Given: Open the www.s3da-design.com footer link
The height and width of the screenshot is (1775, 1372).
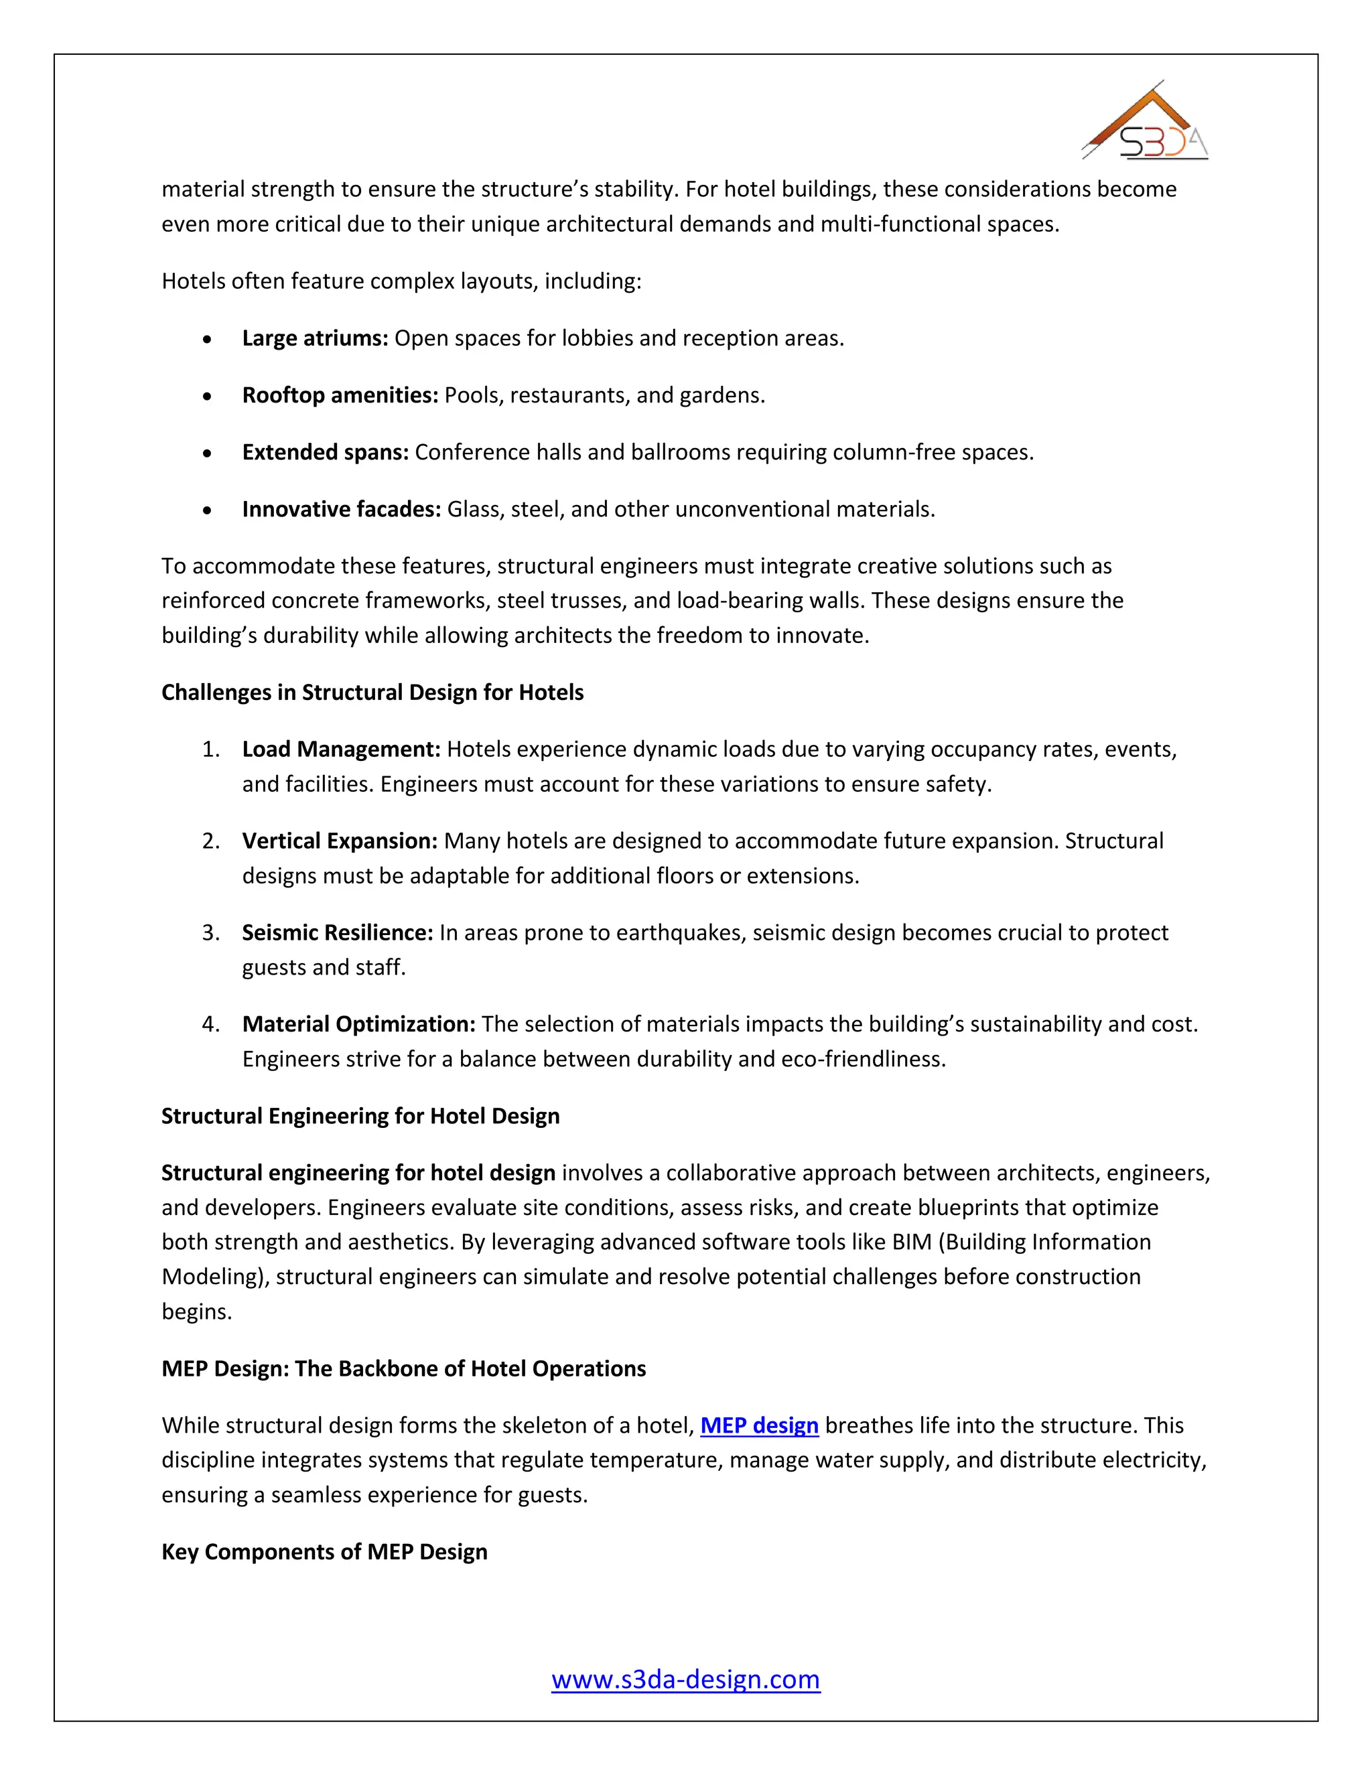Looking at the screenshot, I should (x=685, y=1679).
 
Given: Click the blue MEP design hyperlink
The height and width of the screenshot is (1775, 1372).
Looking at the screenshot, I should (x=758, y=1425).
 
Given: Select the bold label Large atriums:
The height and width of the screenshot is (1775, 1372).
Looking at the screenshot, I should (x=316, y=338).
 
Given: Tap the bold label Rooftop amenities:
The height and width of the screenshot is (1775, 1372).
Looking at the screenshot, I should (x=340, y=395).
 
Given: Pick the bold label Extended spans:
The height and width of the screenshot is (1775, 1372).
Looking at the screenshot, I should (x=325, y=453).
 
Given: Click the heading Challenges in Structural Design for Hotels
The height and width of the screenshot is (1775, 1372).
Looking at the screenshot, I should (x=372, y=693).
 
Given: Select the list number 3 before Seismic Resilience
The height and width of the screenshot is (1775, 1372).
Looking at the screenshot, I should (x=210, y=933).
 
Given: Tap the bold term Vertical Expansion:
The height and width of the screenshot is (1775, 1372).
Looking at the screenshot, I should (x=340, y=841).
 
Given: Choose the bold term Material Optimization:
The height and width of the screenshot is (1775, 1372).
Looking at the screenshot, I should (x=358, y=1024).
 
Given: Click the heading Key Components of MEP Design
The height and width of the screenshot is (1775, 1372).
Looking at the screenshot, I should (x=324, y=1551).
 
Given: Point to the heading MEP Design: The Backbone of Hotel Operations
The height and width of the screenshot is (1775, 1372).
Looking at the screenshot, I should (x=403, y=1368).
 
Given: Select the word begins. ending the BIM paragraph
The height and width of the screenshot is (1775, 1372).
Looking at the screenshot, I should (x=197, y=1311).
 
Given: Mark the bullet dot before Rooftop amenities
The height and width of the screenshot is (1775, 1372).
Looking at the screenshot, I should (x=208, y=397).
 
